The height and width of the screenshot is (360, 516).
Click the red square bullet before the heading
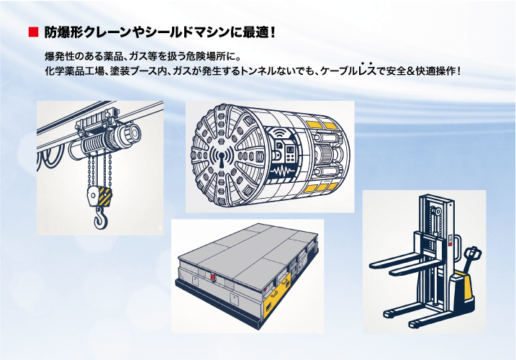[34, 32]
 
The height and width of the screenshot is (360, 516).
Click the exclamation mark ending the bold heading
[272, 32]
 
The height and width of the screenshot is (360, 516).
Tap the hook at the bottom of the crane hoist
[101, 218]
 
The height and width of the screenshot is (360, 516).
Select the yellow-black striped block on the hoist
[104, 197]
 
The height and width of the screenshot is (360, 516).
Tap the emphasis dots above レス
[366, 63]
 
